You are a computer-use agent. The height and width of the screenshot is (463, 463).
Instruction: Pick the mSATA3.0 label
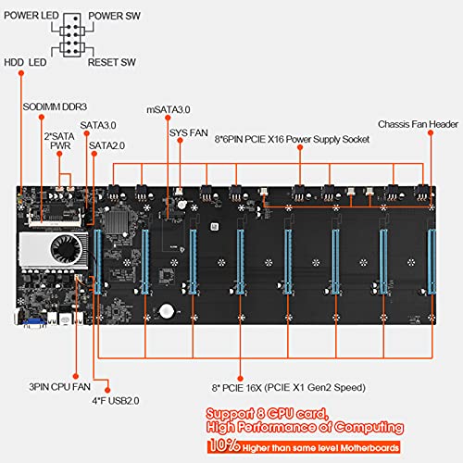point(168,109)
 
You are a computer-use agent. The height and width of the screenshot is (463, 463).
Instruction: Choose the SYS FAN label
point(189,131)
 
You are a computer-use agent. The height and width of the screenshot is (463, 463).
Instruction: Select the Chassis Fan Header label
point(418,124)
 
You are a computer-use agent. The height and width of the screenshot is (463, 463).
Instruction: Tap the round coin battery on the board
point(167,313)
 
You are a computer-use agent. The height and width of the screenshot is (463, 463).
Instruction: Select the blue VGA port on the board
point(31,321)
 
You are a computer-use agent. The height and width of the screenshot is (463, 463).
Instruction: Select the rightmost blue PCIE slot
point(431,268)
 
